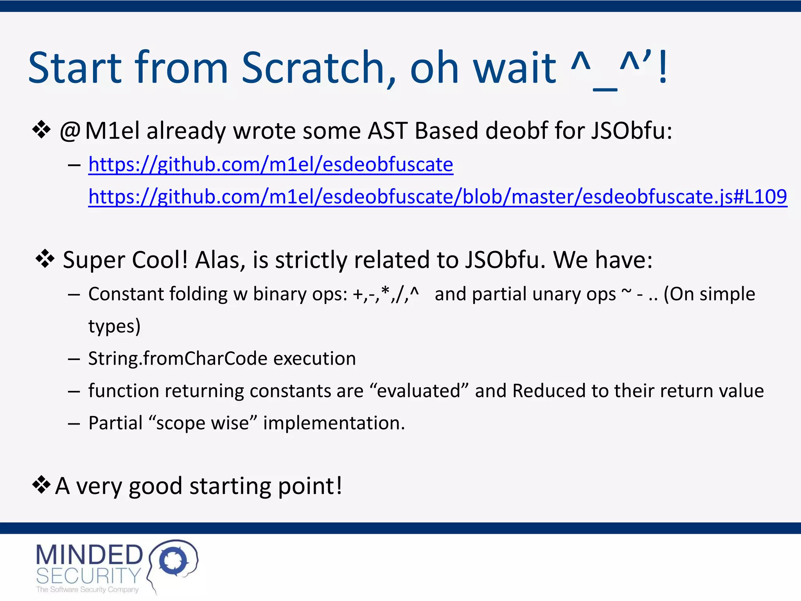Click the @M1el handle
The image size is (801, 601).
click(99, 131)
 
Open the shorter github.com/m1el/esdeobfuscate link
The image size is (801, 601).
click(271, 164)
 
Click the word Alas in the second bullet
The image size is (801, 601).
click(220, 260)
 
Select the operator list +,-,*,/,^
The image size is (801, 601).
click(386, 294)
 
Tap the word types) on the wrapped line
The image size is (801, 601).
click(114, 326)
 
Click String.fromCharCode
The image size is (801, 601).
click(178, 358)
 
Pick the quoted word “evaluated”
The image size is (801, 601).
click(418, 391)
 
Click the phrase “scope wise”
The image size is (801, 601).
click(203, 423)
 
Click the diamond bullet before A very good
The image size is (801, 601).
click(41, 485)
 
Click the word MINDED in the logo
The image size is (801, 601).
click(89, 555)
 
